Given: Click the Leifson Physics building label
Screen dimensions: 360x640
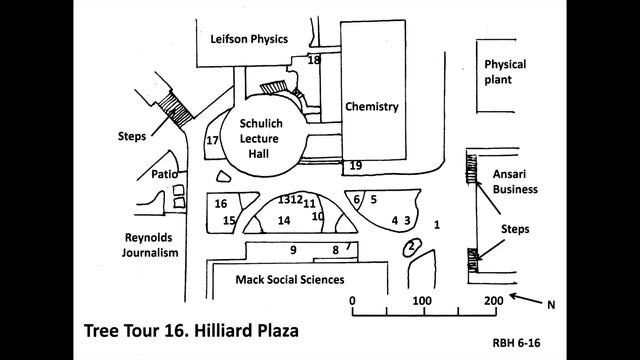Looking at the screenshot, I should (249, 39).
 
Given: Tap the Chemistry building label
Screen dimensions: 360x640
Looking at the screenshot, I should (371, 107).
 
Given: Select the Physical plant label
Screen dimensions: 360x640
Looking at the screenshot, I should (505, 72).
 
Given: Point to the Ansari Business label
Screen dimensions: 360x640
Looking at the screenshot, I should (516, 180).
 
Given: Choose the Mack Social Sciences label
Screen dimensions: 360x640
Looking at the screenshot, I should (289, 279).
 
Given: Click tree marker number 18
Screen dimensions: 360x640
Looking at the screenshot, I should (314, 61).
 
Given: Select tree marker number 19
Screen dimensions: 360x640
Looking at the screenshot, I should (356, 165).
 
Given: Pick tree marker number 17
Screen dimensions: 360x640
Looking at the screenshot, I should (212, 141).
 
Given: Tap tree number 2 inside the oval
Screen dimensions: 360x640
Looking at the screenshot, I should (411, 245).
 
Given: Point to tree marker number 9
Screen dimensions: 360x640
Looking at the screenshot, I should (293, 250).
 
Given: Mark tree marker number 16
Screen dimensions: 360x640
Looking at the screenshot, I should (221, 204).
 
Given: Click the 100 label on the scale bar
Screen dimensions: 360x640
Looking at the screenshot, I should (422, 300).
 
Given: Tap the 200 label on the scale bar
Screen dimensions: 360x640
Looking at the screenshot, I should (491, 300).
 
